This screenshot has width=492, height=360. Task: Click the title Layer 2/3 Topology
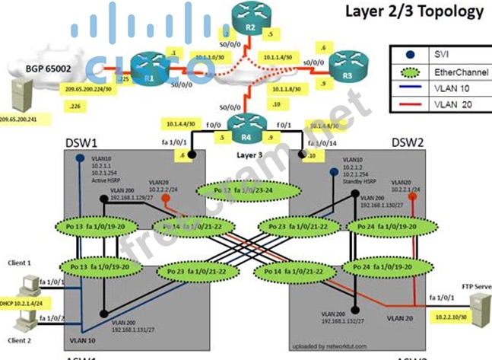(414, 11)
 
